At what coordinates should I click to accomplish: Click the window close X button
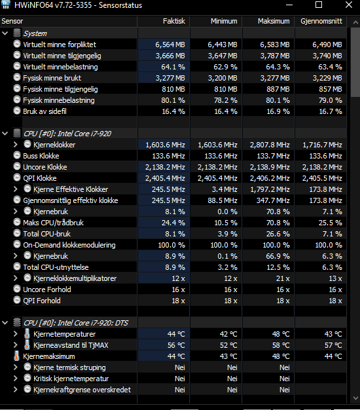[x=349, y=5]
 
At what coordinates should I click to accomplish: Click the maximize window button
[x=319, y=5]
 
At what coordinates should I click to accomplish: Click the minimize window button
[x=289, y=5]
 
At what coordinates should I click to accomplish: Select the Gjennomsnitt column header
[x=321, y=21]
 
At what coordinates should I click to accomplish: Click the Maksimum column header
[x=274, y=21]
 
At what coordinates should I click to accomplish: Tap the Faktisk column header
[x=173, y=21]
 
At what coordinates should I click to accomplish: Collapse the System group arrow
[x=5, y=33]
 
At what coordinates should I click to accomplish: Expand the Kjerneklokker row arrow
[x=16, y=145]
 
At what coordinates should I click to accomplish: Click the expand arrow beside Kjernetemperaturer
[x=16, y=334]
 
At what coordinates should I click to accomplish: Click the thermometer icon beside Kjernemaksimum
[x=16, y=356]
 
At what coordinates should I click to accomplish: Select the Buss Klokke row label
[x=41, y=156]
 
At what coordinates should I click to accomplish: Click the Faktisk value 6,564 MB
[x=170, y=45]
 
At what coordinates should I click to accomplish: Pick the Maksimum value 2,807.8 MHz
[x=270, y=145]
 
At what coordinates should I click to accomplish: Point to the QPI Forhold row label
[x=42, y=301]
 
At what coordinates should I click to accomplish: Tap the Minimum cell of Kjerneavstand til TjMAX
[x=228, y=345]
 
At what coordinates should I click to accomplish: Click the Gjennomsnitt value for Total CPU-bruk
[x=333, y=234]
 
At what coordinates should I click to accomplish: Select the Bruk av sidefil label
[x=45, y=111]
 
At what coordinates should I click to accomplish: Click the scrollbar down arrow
[x=355, y=398]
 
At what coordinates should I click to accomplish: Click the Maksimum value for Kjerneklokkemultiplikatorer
[x=283, y=278]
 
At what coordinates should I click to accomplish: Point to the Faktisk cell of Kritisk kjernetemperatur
[x=180, y=379]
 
